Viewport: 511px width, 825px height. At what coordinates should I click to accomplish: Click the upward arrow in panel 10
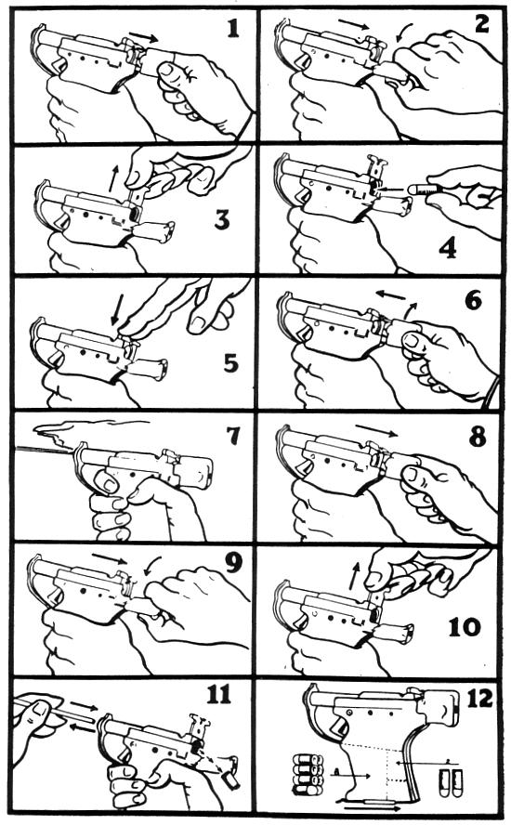[x=354, y=575]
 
